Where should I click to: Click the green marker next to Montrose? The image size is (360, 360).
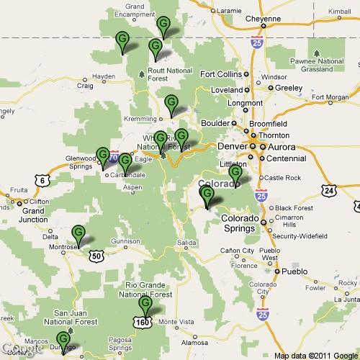pos(78,233)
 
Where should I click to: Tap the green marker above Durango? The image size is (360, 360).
pos(63,338)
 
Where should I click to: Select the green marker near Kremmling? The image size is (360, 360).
pos(171,103)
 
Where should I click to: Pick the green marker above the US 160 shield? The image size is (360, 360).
pos(146,305)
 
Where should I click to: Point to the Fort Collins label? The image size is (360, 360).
pos(220,74)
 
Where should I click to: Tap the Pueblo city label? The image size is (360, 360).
pos(293,272)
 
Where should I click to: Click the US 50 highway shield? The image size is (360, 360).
pos(95,254)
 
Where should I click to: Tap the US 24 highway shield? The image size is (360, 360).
pos(329,190)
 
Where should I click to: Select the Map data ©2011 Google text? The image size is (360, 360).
pos(314,355)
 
